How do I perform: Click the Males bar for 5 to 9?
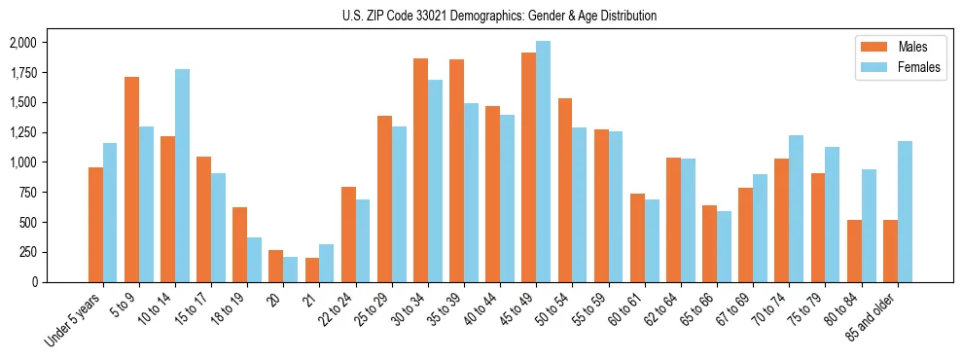(131, 179)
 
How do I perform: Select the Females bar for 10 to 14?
(182, 175)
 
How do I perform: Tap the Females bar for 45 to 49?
(543, 162)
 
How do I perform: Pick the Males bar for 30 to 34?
(420, 170)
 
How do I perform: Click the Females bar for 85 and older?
(905, 211)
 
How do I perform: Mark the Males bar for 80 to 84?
(854, 250)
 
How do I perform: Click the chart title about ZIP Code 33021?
(499, 16)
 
